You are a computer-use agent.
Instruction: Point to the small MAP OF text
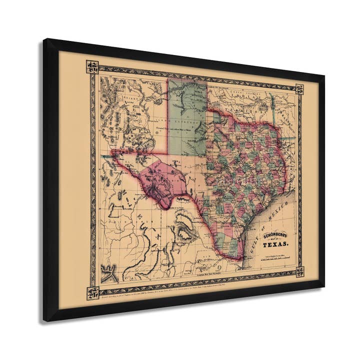[275, 238]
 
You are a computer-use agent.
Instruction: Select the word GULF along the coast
[255, 240]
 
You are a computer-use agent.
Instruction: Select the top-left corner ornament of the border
[92, 67]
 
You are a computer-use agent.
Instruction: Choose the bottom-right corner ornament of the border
[299, 271]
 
